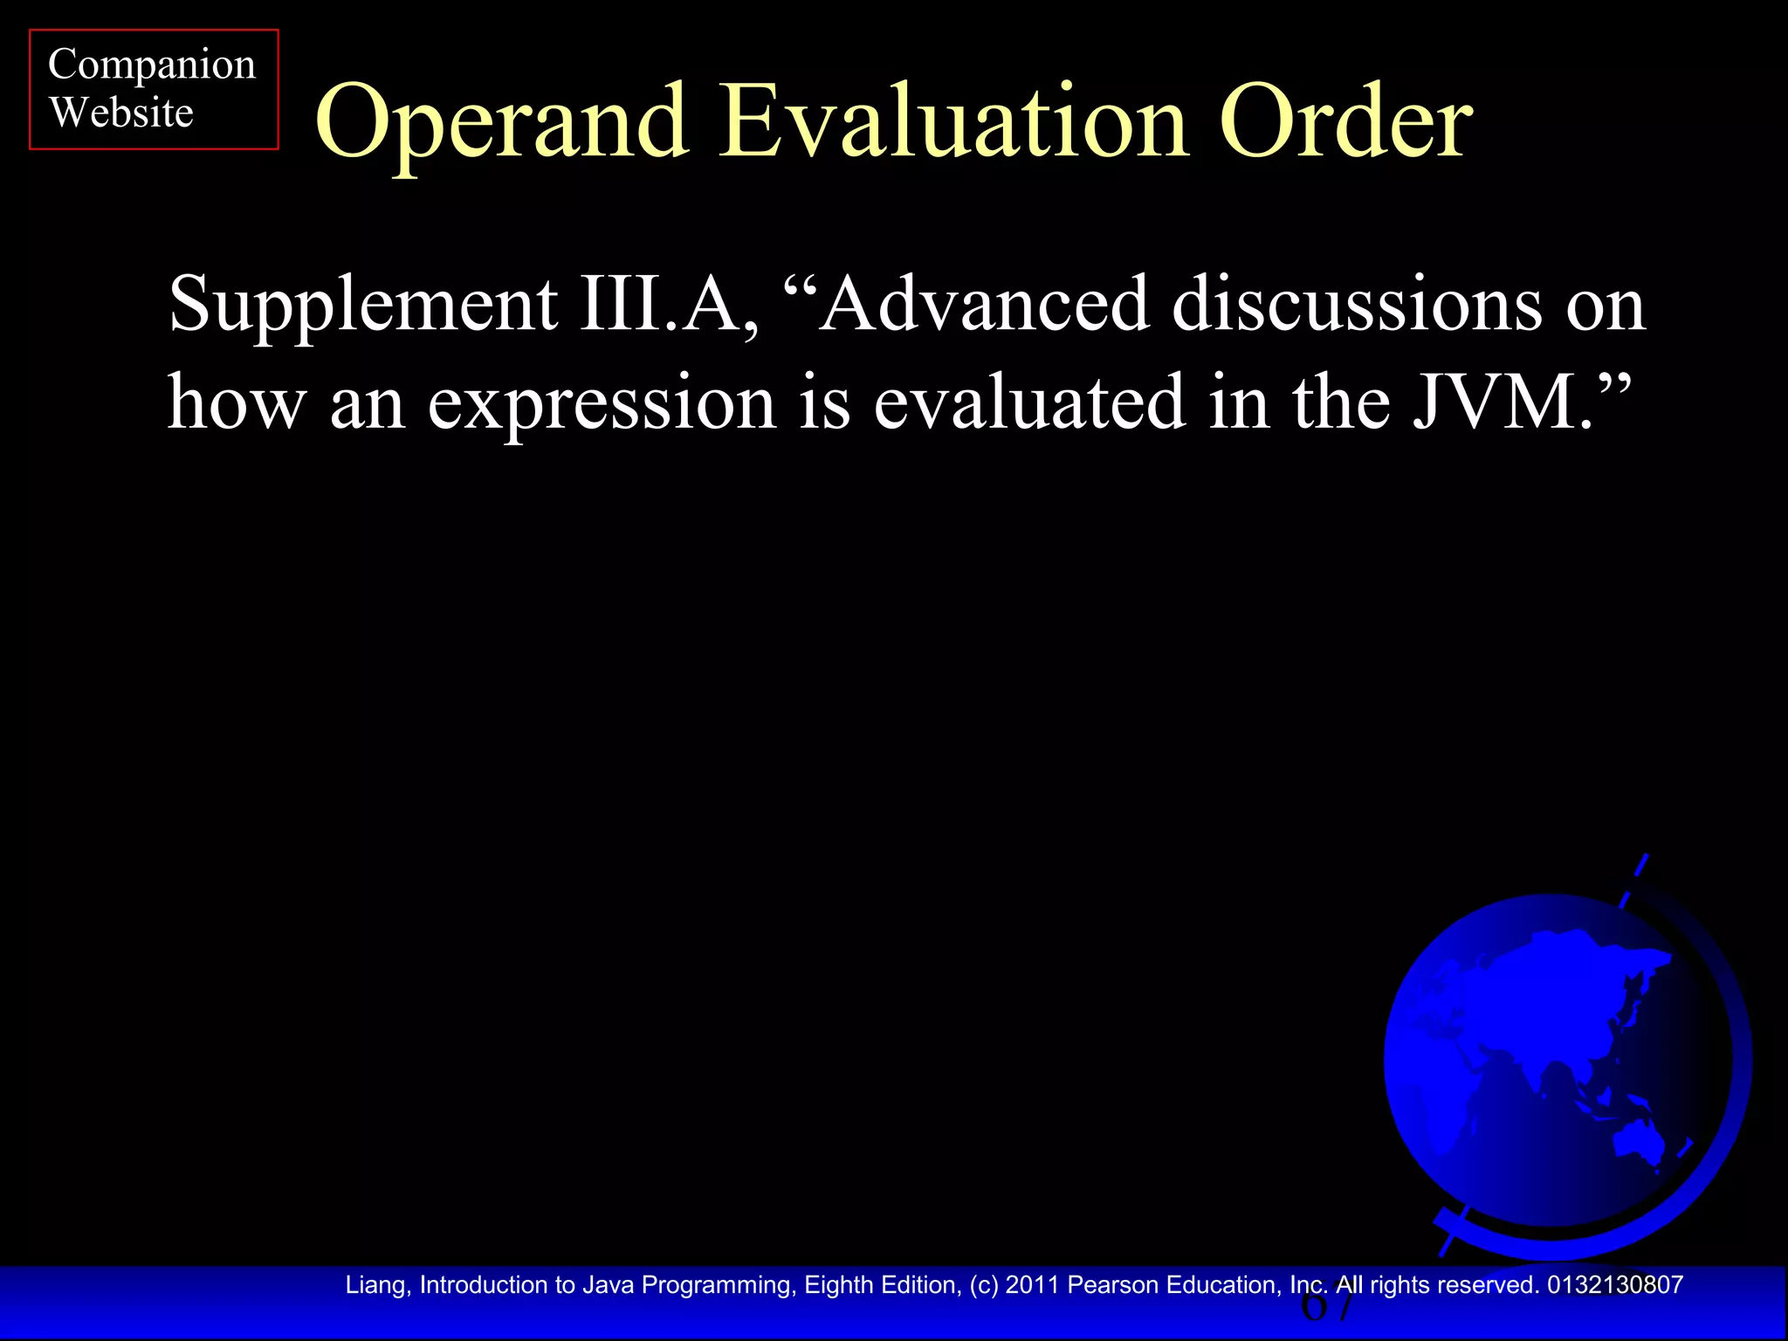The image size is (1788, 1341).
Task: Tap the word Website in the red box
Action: [120, 113]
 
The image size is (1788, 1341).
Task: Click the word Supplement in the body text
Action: [362, 306]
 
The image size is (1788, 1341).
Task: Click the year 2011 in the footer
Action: [1033, 1285]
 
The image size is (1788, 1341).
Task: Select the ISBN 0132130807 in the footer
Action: [1614, 1285]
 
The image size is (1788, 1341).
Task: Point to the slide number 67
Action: [1327, 1307]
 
